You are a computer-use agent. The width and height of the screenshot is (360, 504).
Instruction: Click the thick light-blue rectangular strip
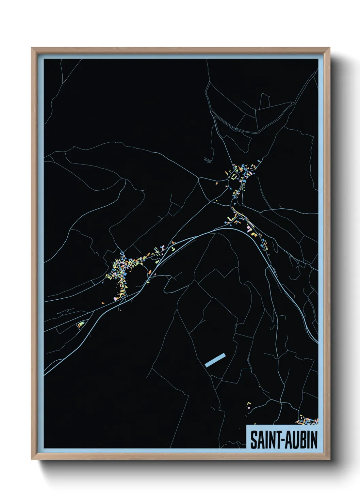tap(215, 360)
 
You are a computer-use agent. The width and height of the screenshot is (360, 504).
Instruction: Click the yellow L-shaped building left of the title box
tap(249, 404)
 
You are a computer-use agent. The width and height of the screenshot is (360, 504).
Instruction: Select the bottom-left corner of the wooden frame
tap(32, 460)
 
